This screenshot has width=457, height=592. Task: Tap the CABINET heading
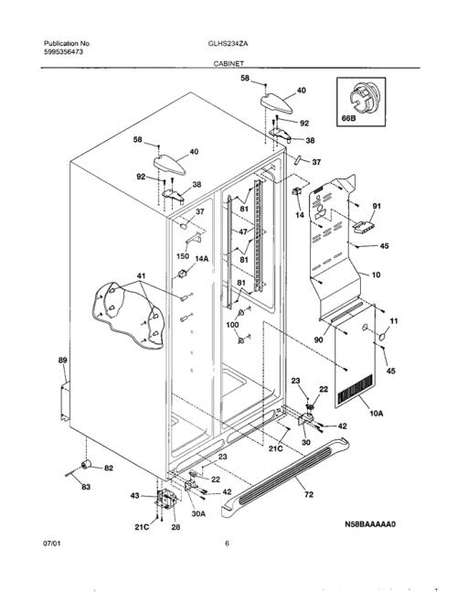click(228, 64)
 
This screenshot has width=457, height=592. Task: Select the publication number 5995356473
click(63, 52)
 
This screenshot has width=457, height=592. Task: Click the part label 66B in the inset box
click(348, 118)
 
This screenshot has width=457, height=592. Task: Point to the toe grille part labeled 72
click(284, 478)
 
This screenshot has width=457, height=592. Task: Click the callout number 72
click(308, 494)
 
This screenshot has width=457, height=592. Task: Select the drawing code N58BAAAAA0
click(370, 524)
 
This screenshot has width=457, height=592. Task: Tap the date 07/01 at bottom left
click(52, 544)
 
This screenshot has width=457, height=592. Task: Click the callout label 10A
click(376, 414)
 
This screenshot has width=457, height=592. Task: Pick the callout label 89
click(62, 361)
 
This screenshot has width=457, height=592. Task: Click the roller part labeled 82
click(87, 464)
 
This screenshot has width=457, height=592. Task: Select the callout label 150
click(183, 256)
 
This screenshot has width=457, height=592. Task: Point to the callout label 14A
click(202, 259)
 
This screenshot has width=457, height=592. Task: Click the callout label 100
click(232, 324)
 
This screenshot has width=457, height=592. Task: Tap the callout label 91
click(377, 206)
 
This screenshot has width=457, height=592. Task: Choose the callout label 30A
click(198, 514)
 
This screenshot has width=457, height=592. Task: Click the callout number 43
click(134, 496)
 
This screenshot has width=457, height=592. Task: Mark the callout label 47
click(243, 231)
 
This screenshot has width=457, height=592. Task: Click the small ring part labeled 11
click(382, 337)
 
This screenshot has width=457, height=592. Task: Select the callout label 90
click(319, 339)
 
